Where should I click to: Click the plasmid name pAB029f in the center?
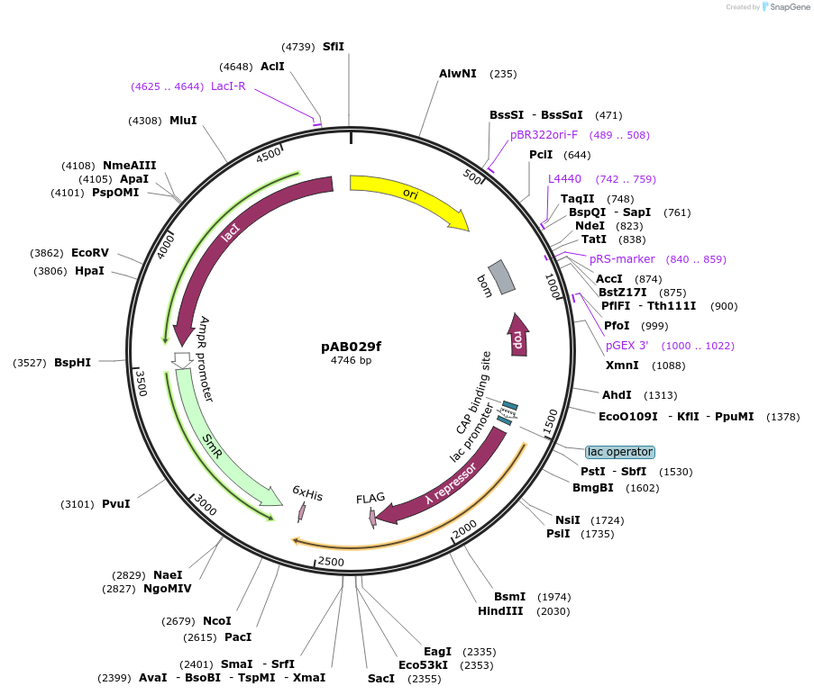351,347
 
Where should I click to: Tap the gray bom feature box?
501,277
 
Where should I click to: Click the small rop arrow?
518,335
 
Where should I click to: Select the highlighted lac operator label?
619,452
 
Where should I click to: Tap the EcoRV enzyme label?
90,254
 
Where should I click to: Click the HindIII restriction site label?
500,611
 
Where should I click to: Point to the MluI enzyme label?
183,121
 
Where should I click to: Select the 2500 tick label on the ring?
332,562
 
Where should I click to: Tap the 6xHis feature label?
306,494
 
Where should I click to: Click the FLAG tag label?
370,498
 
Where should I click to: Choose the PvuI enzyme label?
115,504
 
